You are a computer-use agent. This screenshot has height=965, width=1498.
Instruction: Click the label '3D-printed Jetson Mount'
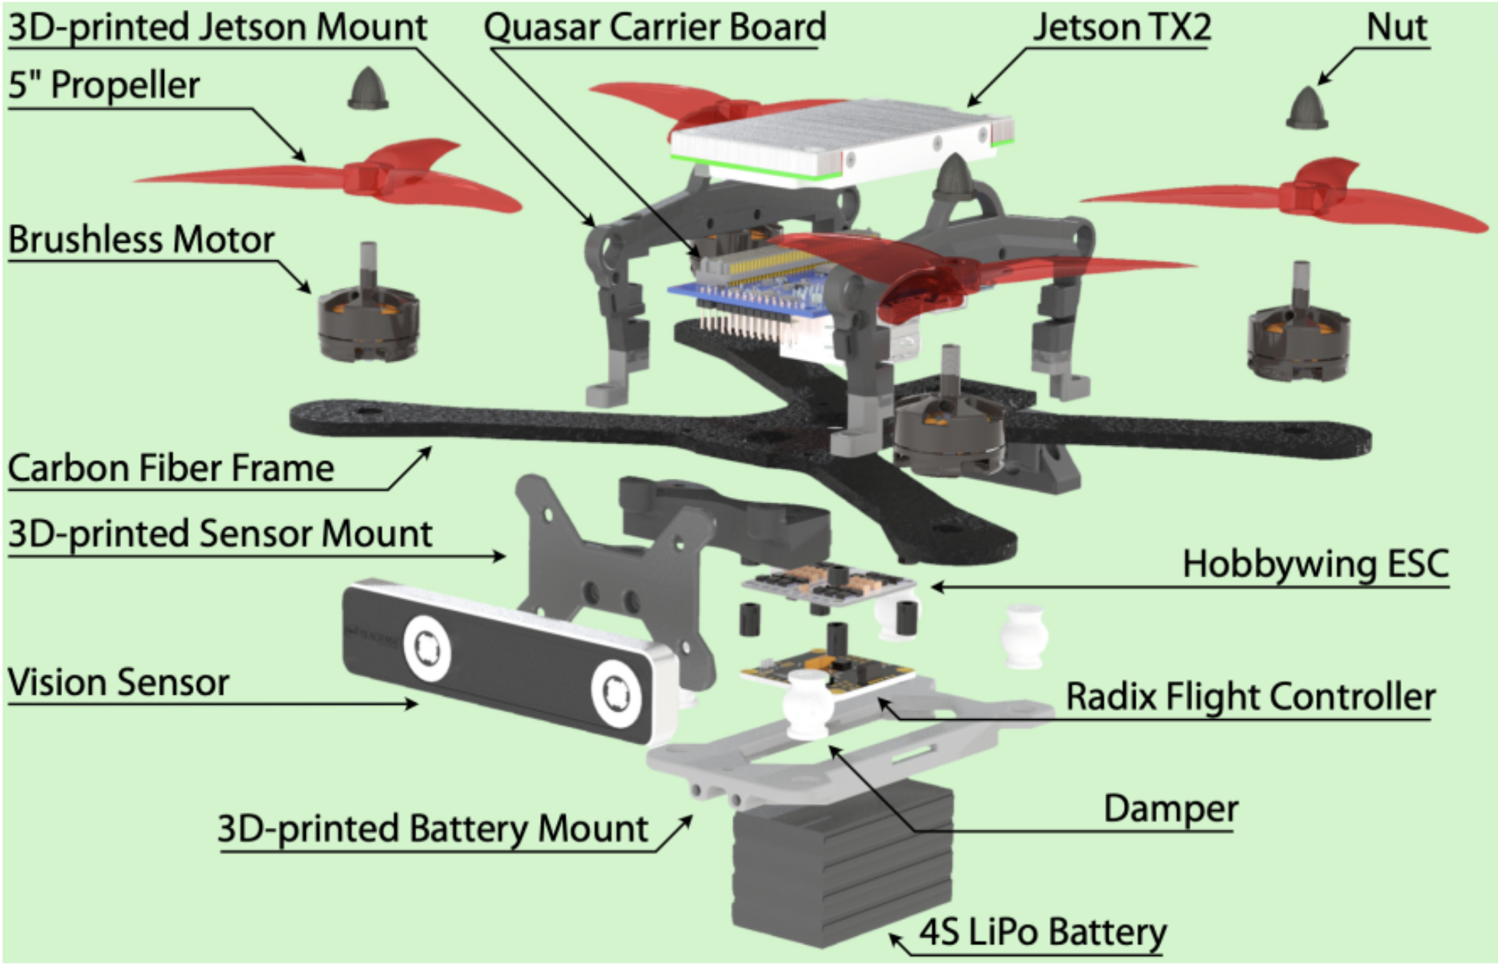(218, 28)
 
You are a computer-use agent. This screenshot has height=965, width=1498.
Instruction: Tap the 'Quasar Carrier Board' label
(654, 28)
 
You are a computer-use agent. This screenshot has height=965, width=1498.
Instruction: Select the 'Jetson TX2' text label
(1122, 28)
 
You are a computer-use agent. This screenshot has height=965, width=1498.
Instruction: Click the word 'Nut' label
(1396, 28)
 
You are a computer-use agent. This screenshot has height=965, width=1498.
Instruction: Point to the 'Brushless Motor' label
(141, 240)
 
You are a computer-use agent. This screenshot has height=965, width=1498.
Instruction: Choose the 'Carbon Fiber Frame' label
(171, 468)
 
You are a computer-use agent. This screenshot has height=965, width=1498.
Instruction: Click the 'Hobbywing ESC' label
(1315, 564)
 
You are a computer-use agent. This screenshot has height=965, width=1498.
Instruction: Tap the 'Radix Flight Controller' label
(1251, 697)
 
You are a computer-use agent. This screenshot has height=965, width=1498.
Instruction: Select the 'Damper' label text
(1170, 810)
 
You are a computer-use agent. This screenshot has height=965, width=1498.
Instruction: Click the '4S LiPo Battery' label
(1042, 933)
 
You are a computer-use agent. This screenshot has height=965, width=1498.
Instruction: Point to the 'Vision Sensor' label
(119, 682)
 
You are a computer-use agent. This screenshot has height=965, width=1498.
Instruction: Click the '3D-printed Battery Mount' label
(433, 829)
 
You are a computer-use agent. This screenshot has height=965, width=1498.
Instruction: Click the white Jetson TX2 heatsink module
(839, 138)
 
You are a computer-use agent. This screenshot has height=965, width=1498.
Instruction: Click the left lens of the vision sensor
(427, 649)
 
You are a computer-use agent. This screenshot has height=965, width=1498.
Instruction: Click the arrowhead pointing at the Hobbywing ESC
(936, 587)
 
